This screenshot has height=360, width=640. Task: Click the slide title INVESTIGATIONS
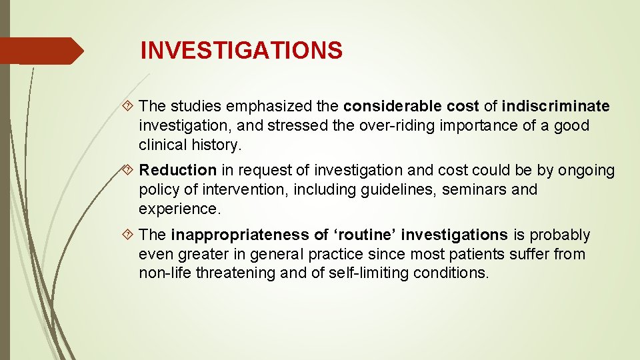pyautogui.click(x=241, y=51)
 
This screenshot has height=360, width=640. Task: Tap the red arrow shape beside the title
pyautogui.click(x=41, y=51)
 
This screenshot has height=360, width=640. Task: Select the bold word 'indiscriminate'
pyautogui.click(x=555, y=106)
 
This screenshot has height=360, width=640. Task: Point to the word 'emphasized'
pyautogui.click(x=259, y=106)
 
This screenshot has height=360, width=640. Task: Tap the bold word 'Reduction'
pyautogui.click(x=178, y=171)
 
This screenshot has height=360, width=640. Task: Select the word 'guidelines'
pyautogui.click(x=390, y=190)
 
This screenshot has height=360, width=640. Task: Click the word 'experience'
pyautogui.click(x=177, y=209)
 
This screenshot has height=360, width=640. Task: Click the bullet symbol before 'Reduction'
pyautogui.click(x=130, y=171)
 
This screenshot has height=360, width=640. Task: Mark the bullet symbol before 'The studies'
pyautogui.click(x=130, y=106)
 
